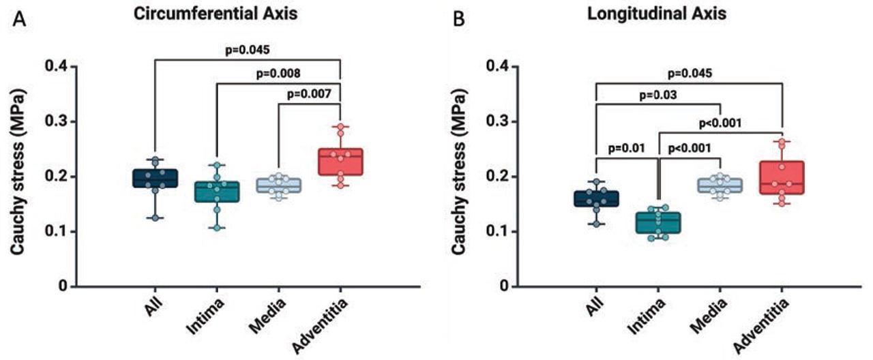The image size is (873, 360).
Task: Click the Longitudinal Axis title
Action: [x=659, y=14]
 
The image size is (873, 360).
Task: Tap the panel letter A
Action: [x=20, y=20]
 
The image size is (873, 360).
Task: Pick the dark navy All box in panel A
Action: [x=156, y=178]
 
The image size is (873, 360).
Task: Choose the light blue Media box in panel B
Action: [x=721, y=185]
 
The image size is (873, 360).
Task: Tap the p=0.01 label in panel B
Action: [x=626, y=147]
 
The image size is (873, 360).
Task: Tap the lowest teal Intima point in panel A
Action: [x=217, y=228]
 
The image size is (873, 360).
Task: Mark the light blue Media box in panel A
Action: [x=278, y=185]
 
